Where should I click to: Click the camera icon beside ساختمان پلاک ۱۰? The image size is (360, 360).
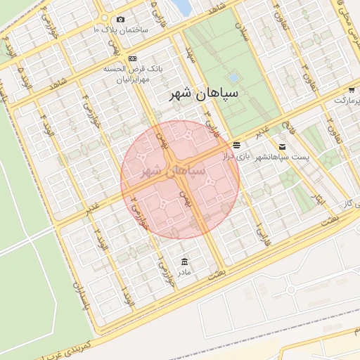point(121,19)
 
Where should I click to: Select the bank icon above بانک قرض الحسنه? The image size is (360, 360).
point(133,58)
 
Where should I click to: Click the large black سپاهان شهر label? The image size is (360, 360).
point(209,93)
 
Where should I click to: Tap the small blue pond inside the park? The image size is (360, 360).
point(233,77)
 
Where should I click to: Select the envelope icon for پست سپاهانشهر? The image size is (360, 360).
point(282,147)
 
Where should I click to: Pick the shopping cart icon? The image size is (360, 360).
point(352,90)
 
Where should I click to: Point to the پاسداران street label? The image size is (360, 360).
point(79,300)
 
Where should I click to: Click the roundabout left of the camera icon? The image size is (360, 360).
point(104,18)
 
